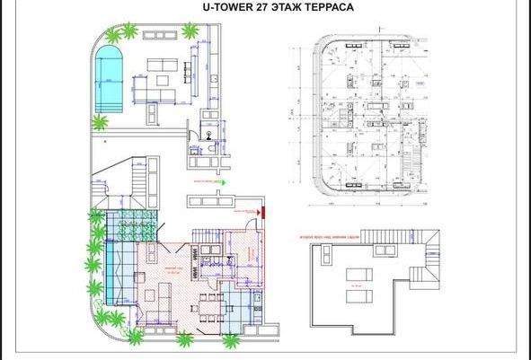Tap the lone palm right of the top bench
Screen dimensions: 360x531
tap(190, 31)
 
